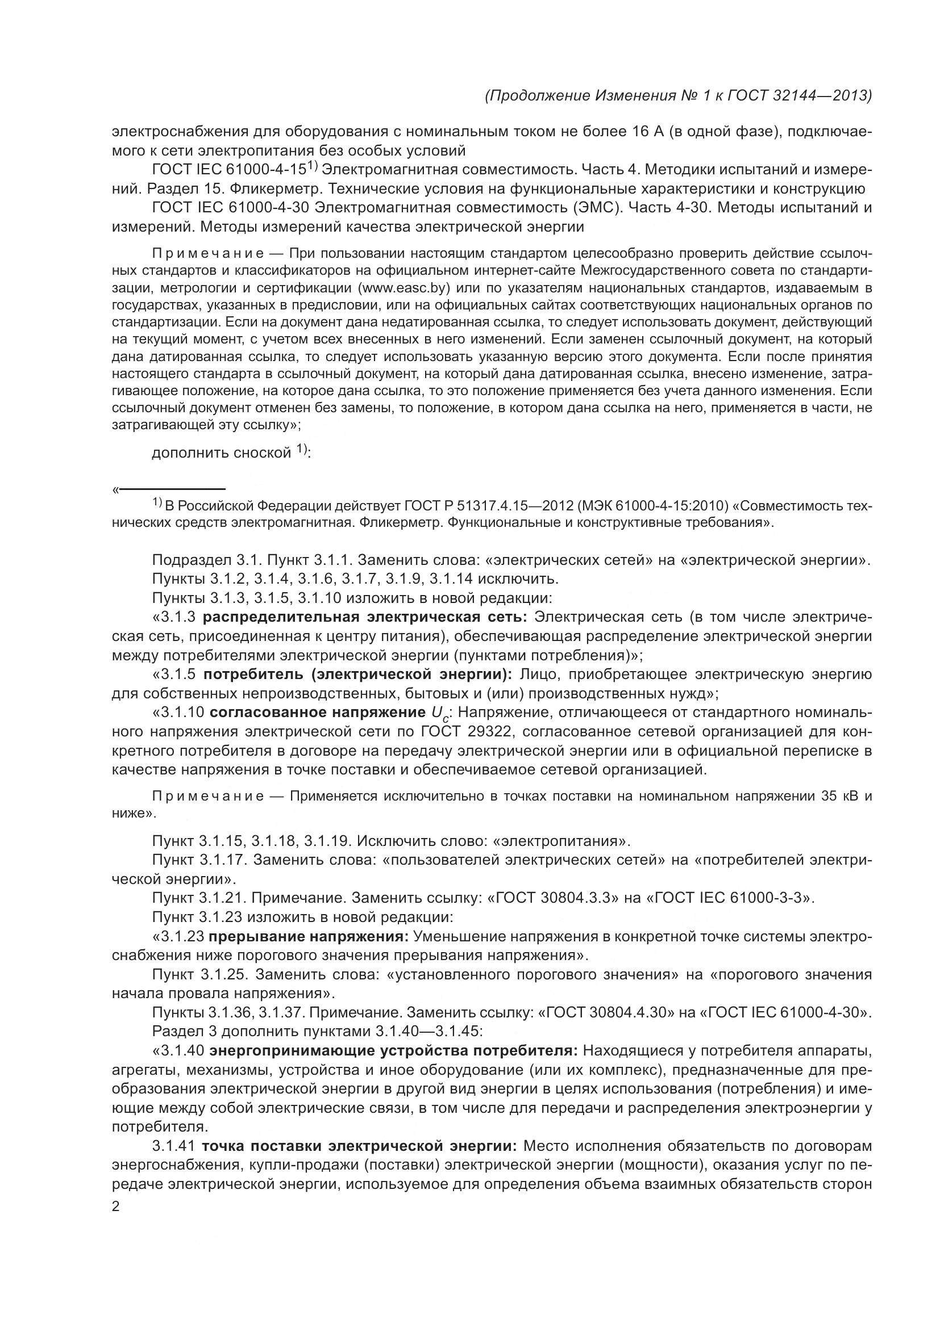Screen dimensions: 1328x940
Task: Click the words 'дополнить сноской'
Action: tap(221, 453)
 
